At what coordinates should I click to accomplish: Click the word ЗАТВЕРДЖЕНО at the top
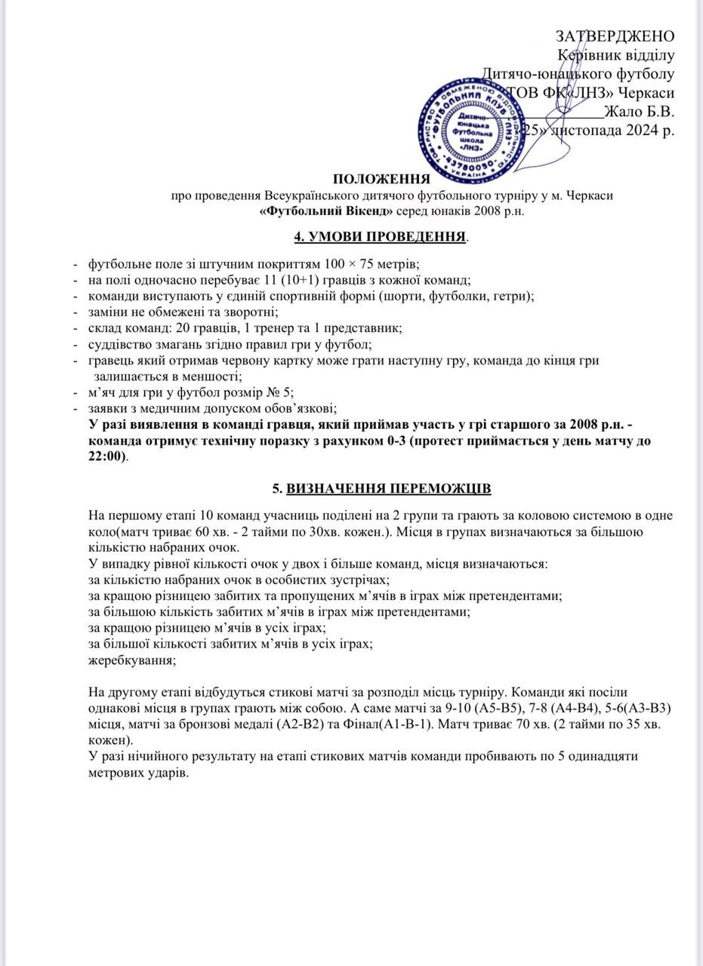(615, 36)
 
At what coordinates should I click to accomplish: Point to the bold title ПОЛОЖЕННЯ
(381, 179)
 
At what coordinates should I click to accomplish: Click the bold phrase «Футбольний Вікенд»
(318, 211)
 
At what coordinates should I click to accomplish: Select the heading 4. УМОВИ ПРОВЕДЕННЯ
(380, 237)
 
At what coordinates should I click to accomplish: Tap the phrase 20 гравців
(198, 328)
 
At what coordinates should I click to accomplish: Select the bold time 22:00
(108, 457)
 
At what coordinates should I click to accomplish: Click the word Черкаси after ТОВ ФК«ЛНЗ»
(646, 93)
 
